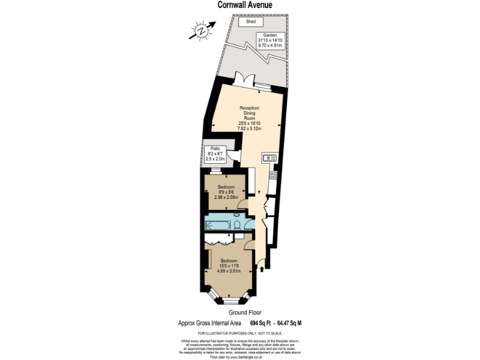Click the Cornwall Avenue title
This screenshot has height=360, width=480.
coord(244,6)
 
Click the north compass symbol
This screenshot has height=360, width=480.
coord(201,29)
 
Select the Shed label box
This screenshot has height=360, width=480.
coord(251,22)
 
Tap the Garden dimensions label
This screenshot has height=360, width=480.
coord(270,41)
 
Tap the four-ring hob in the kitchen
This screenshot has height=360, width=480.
coord(273,176)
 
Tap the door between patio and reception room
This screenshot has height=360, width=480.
coord(234,158)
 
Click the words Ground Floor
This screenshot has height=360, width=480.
coord(244,312)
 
